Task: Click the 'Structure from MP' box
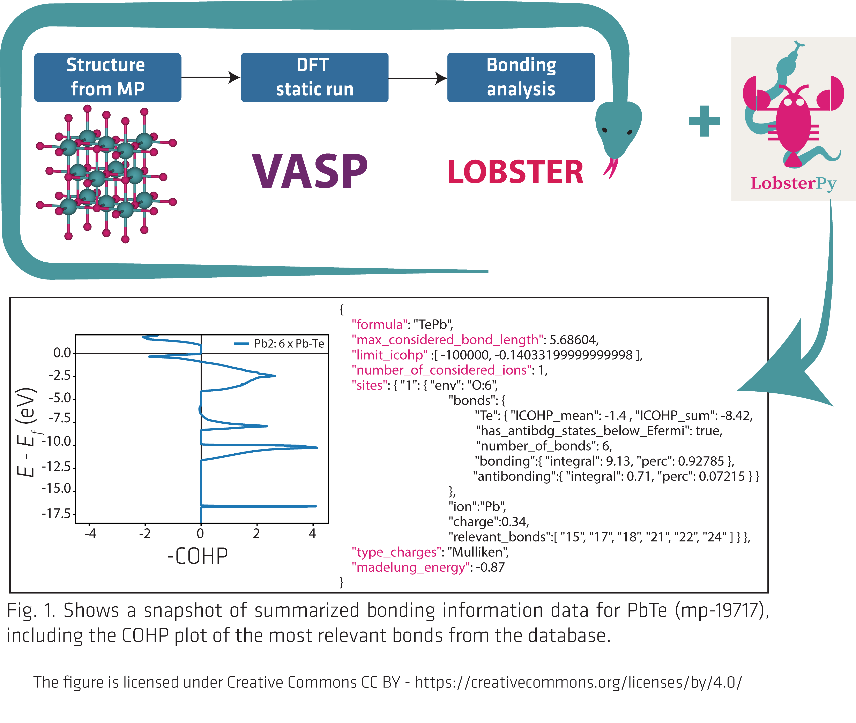point(107,77)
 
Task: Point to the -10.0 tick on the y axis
point(57,441)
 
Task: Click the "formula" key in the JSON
point(379,325)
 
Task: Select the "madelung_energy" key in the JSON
point(410,567)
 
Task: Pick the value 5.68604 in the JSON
point(573,340)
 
